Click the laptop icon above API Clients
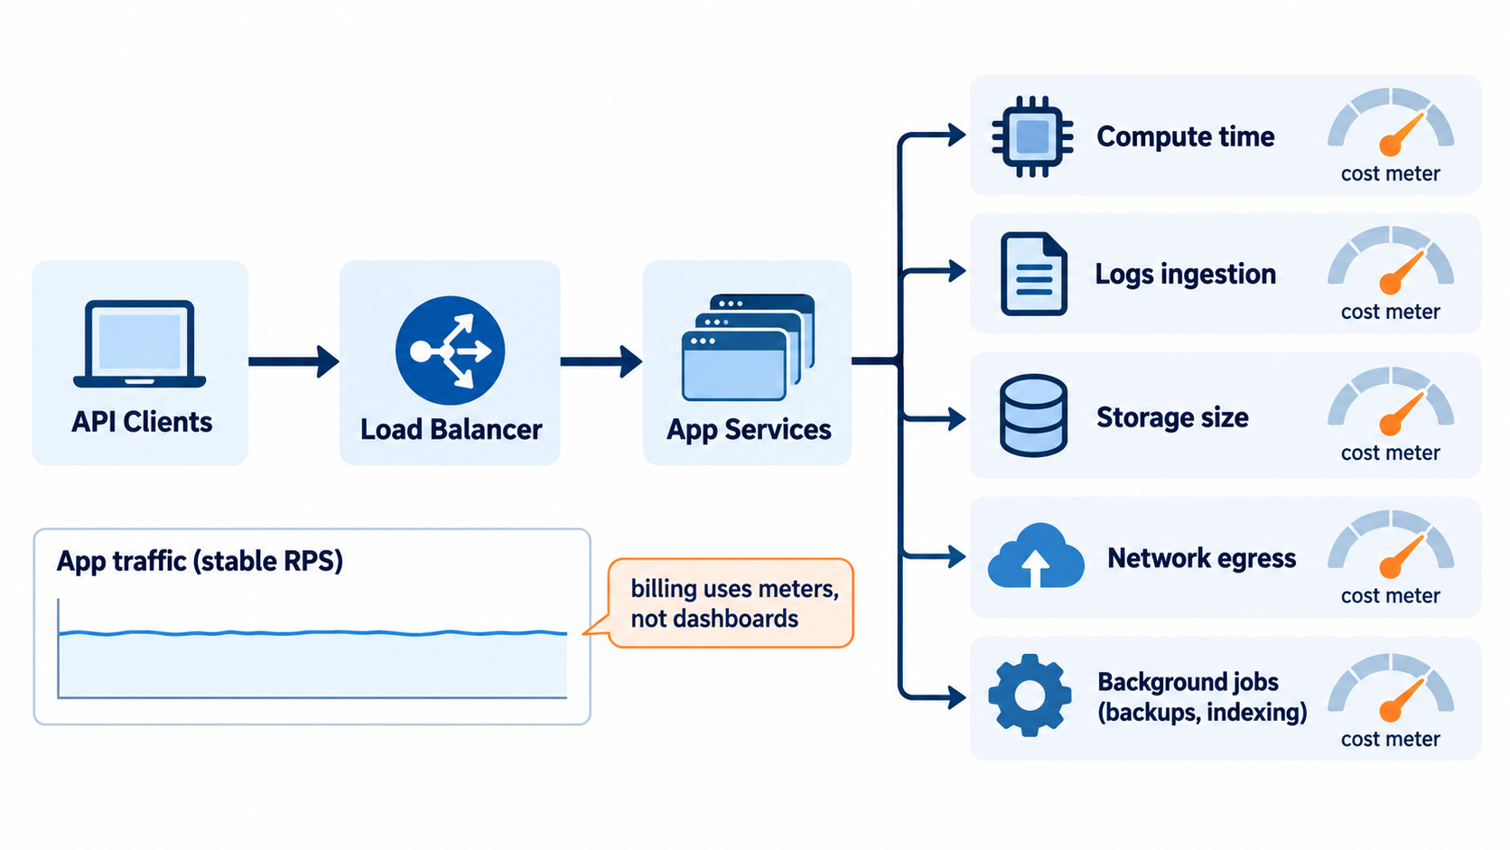click(140, 344)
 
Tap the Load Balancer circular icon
click(450, 350)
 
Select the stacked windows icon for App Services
click(748, 347)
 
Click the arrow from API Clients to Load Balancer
click(294, 362)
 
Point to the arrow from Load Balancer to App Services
click(601, 362)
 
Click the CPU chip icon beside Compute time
click(1032, 136)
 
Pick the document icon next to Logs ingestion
click(1033, 274)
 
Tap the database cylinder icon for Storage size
click(1033, 416)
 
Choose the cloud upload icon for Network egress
click(1036, 556)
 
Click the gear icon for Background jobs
click(1030, 695)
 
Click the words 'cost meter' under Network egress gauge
click(1390, 595)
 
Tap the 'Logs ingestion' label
click(1185, 275)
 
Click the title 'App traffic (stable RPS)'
click(200, 562)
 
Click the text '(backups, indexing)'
click(1202, 712)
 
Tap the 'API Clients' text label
click(142, 422)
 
